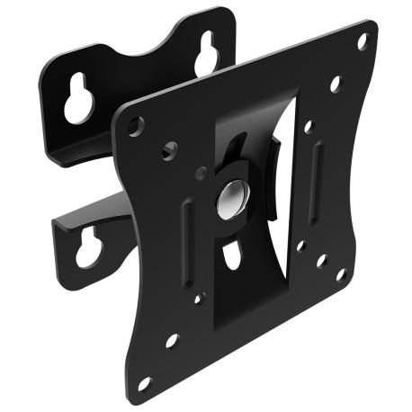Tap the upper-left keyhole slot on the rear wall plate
76,103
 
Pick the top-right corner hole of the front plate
363,41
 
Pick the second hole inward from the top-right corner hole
335,85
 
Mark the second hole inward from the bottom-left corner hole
172,340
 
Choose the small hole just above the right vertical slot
309,128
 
